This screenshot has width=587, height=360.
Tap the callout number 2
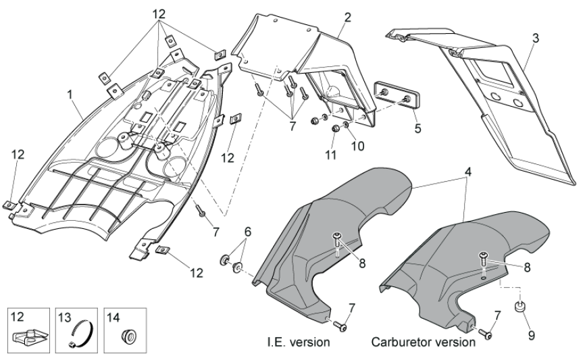click(x=348, y=18)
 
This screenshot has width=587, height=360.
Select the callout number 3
click(x=535, y=38)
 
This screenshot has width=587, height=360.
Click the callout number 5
click(x=399, y=126)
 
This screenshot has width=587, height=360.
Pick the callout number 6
click(x=247, y=232)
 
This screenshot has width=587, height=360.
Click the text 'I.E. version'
click(x=298, y=342)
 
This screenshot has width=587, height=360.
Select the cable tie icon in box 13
click(x=80, y=334)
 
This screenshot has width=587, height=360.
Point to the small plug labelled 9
click(x=521, y=308)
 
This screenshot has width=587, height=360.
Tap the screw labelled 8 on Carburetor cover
click(x=483, y=256)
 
